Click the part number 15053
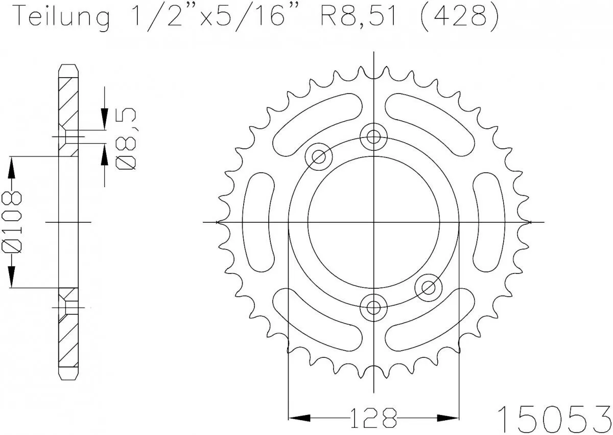pos(554,416)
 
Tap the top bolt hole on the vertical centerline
pos(374,136)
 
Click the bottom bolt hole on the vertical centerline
pos(374,307)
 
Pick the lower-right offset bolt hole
pos(428,288)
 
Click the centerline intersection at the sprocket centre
pos(374,222)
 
